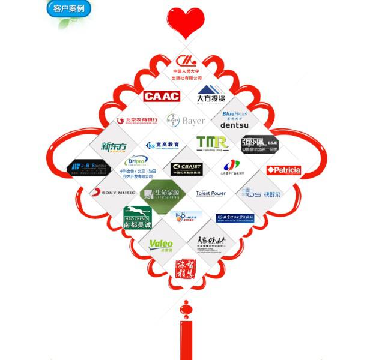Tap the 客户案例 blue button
pos(68,9)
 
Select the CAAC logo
pos(162,96)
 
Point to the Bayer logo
pos(186,121)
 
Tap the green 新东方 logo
pos(114,146)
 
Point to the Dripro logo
pos(134,161)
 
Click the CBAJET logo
pos(186,169)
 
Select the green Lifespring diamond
pos(159,194)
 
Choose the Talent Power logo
pos(211,193)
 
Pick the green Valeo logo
pos(161,244)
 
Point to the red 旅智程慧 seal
pos(186,268)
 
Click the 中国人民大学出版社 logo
pos(186,67)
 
